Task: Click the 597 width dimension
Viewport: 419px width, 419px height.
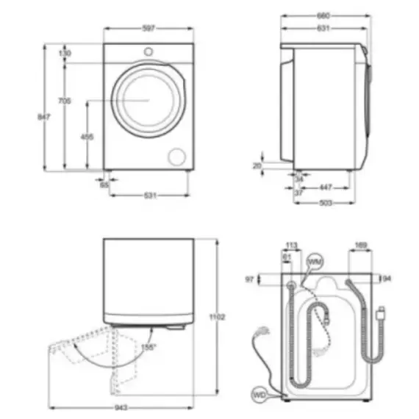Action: tap(149, 29)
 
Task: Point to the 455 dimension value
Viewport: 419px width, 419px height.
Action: tap(87, 137)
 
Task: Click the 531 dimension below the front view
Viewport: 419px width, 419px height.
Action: tap(151, 196)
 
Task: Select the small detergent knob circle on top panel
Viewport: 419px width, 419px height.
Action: tap(149, 51)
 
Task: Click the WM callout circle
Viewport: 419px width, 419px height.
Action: tap(315, 262)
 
